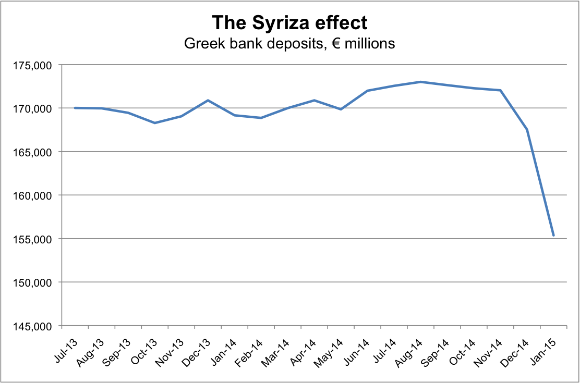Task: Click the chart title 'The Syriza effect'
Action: [x=289, y=23]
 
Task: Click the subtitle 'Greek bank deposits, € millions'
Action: [x=289, y=43]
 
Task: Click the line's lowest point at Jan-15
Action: [x=553, y=236]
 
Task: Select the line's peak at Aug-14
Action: [x=420, y=82]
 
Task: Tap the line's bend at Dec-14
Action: [x=527, y=129]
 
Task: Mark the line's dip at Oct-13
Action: [x=154, y=123]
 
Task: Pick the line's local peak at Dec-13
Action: [x=208, y=100]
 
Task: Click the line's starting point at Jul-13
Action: [x=75, y=108]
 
